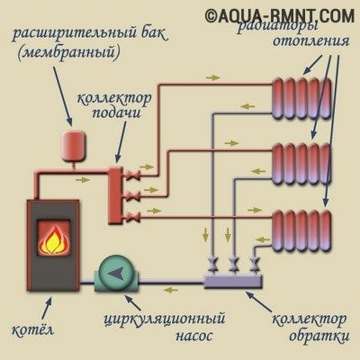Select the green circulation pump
116,274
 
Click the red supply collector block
115,195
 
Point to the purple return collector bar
233,282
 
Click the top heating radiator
301,98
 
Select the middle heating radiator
301,164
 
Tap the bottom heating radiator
301,230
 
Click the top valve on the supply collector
133,175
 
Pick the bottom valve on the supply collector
133,217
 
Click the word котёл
32,329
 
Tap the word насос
194,336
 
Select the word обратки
319,336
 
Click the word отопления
310,41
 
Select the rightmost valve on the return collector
255,265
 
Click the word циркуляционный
165,319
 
